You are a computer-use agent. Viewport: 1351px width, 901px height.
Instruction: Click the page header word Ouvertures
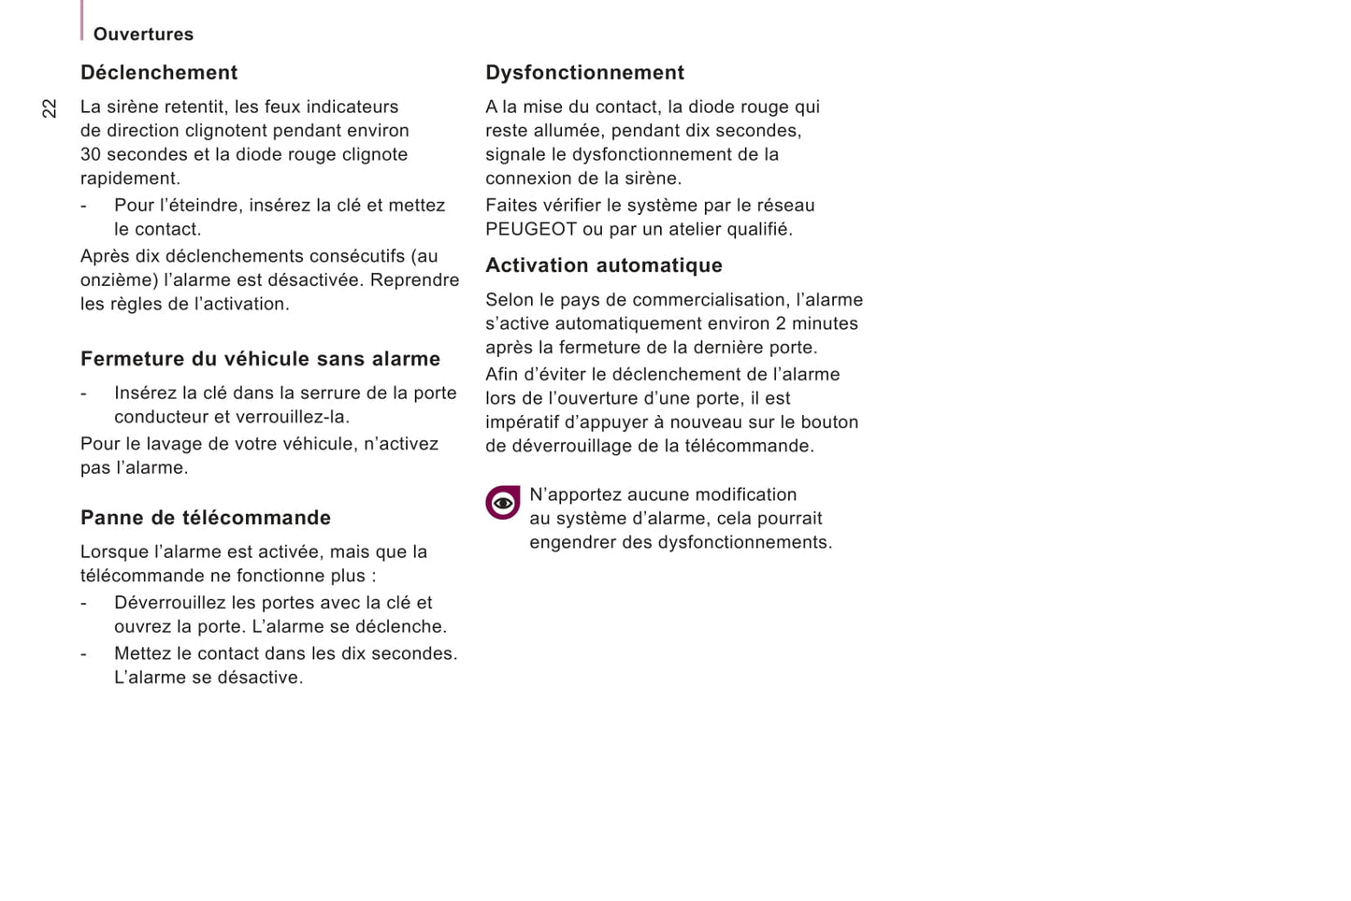143,35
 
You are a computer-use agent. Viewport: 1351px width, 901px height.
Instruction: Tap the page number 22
50,108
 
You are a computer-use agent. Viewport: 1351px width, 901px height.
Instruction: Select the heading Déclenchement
159,73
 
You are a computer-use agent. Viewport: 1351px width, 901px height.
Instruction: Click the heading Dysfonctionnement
584,73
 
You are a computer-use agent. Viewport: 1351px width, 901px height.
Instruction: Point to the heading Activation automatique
603,265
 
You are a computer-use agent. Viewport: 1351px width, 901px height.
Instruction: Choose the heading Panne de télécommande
206,518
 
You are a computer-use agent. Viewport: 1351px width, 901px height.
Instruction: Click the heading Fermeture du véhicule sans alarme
260,359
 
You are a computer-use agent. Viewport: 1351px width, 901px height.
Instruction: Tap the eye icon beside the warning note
502,503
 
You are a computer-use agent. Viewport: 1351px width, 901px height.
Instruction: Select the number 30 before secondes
91,155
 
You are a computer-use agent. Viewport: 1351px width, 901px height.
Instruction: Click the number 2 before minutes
781,324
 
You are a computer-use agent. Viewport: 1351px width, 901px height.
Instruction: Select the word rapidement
129,179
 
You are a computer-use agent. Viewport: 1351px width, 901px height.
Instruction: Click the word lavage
168,444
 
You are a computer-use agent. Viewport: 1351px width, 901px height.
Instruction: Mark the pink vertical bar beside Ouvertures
82,21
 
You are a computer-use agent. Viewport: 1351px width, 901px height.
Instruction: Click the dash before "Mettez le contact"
83,654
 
